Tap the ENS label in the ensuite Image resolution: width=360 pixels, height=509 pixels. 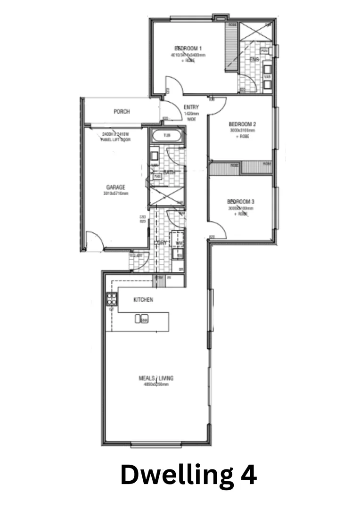pyautogui.click(x=254, y=59)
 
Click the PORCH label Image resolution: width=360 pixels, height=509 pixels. pyautogui.click(x=122, y=112)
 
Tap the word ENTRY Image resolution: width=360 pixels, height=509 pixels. pyautogui.click(x=191, y=107)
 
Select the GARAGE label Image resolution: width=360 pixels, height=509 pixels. pyautogui.click(x=115, y=187)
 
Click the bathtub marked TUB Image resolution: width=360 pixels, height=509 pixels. pyautogui.click(x=167, y=136)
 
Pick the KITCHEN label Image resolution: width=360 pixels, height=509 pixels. pyautogui.click(x=143, y=300)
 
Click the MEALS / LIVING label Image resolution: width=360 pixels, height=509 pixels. pyautogui.click(x=154, y=378)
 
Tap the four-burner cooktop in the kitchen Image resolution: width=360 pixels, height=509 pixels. pyautogui.click(x=112, y=298)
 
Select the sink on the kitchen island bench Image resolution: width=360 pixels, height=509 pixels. pyautogui.click(x=142, y=320)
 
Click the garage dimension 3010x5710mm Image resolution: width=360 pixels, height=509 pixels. pyautogui.click(x=115, y=193)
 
